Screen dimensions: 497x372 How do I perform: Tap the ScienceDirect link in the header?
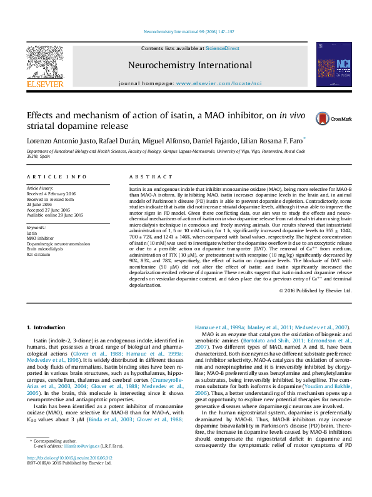coord(223,48)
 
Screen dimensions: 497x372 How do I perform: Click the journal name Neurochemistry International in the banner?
coord(190,65)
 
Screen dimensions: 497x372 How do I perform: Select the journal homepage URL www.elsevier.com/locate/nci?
coord(219,83)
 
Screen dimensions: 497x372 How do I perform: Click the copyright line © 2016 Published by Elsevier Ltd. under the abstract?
coord(315,291)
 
